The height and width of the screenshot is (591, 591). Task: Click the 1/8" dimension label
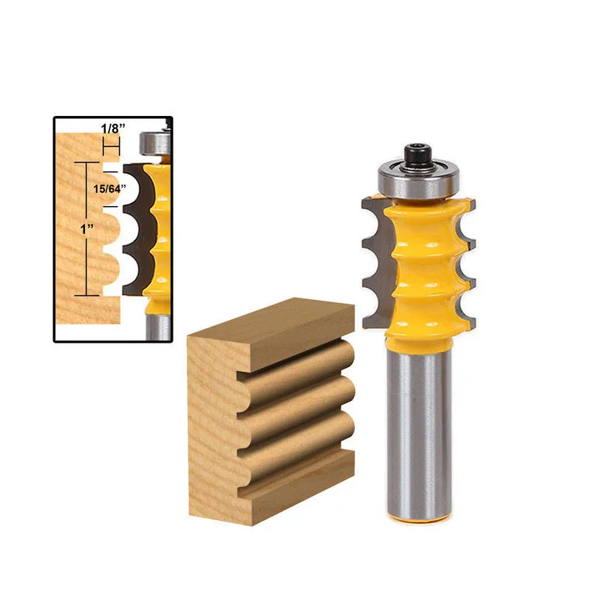[113, 129]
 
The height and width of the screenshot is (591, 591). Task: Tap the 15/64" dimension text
[109, 189]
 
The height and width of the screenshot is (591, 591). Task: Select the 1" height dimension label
[86, 228]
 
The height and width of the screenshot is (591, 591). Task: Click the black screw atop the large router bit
[418, 154]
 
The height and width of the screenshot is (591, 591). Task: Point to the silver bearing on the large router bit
[419, 181]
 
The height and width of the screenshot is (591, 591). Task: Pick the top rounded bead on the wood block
[298, 361]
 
